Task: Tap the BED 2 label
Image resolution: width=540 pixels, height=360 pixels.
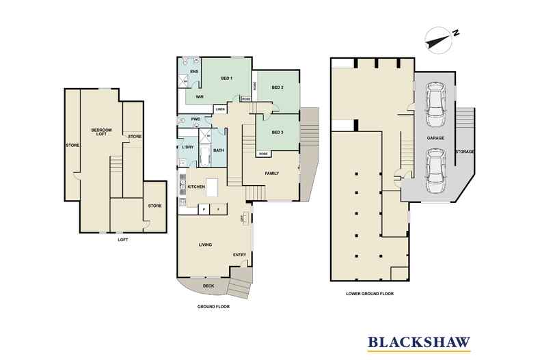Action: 277,87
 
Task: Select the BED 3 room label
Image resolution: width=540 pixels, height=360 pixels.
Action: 277,132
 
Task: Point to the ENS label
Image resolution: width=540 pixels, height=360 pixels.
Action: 194,71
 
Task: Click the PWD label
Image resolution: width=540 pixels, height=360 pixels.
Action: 195,120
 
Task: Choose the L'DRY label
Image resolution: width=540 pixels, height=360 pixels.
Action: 187,148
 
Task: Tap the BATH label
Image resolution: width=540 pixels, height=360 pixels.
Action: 219,150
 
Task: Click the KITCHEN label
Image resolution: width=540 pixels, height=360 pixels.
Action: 198,186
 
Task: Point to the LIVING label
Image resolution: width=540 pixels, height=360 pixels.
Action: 205,245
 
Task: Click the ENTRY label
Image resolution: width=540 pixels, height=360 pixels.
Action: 239,255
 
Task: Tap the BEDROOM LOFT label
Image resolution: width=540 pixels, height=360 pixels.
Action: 103,133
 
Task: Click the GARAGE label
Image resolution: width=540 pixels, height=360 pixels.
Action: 436,138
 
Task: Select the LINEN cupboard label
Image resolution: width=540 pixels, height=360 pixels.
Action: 220,109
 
